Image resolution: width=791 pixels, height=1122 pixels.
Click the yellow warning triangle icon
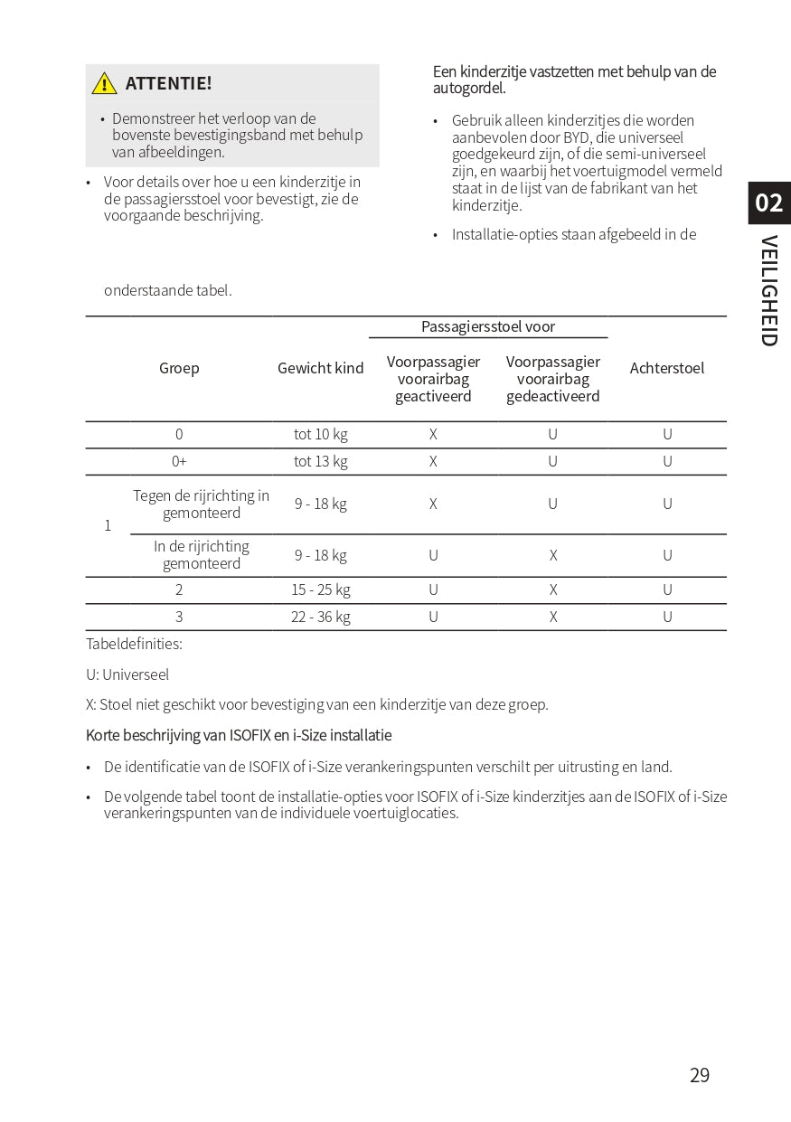point(105,83)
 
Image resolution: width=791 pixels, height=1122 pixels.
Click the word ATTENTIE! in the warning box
point(168,83)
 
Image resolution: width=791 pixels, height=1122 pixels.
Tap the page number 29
point(699,1075)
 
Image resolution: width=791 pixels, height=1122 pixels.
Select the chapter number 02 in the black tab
point(768,203)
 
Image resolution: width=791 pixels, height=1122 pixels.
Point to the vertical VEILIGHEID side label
point(768,290)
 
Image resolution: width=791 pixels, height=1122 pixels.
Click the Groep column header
point(179,368)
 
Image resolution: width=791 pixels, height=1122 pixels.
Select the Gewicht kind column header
point(320,368)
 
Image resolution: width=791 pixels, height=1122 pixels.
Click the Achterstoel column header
point(666,368)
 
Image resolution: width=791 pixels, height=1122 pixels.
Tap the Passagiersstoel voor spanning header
point(488,326)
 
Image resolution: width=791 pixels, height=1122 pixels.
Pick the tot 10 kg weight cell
point(320,434)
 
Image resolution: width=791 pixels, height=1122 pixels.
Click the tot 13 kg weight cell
point(320,461)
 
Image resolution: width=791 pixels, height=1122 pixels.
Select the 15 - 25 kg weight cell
point(320,589)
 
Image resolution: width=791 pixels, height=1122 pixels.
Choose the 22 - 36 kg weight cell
point(320,617)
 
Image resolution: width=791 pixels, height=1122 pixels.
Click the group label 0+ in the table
point(179,461)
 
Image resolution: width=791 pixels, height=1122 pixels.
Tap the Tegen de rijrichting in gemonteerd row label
point(201,504)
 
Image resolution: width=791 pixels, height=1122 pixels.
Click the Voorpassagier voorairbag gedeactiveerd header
point(552,379)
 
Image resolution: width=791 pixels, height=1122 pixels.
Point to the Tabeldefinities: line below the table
point(134,644)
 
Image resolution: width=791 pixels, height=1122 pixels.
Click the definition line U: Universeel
point(127,674)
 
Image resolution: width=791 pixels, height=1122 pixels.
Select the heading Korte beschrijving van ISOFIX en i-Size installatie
point(239,735)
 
